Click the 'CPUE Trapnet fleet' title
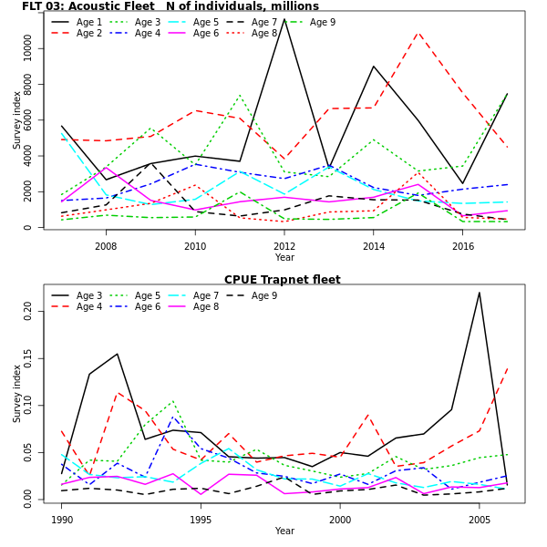pyautogui.click(x=283, y=280)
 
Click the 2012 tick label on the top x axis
pyautogui.click(x=284, y=246)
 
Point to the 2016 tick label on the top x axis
pyautogui.click(x=463, y=246)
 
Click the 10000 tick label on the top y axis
pyautogui.click(x=28, y=47)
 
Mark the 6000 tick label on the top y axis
pyautogui.click(x=28, y=119)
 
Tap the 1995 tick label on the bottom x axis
pyautogui.click(x=201, y=520)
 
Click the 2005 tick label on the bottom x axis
pyautogui.click(x=480, y=520)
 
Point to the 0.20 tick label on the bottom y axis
pyautogui.click(x=28, y=311)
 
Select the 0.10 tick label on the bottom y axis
pyautogui.click(x=28, y=405)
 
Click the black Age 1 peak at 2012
pyautogui.click(x=284, y=19)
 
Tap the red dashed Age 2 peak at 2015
pyautogui.click(x=418, y=33)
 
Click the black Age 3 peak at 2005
pyautogui.click(x=480, y=293)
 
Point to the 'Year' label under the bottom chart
pyautogui.click(x=284, y=532)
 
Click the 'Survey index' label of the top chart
pyautogui.click(x=16, y=121)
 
